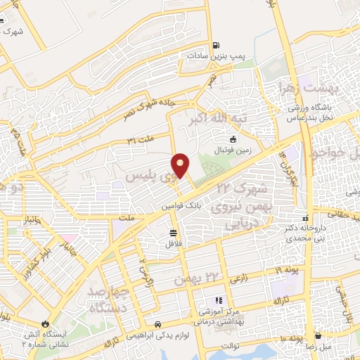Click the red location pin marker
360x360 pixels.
coord(181,165)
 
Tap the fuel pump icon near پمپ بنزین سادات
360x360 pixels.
coord(214,42)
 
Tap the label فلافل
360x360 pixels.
coord(173,243)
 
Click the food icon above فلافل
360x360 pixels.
coord(173,232)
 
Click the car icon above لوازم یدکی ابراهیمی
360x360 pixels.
coord(157,325)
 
